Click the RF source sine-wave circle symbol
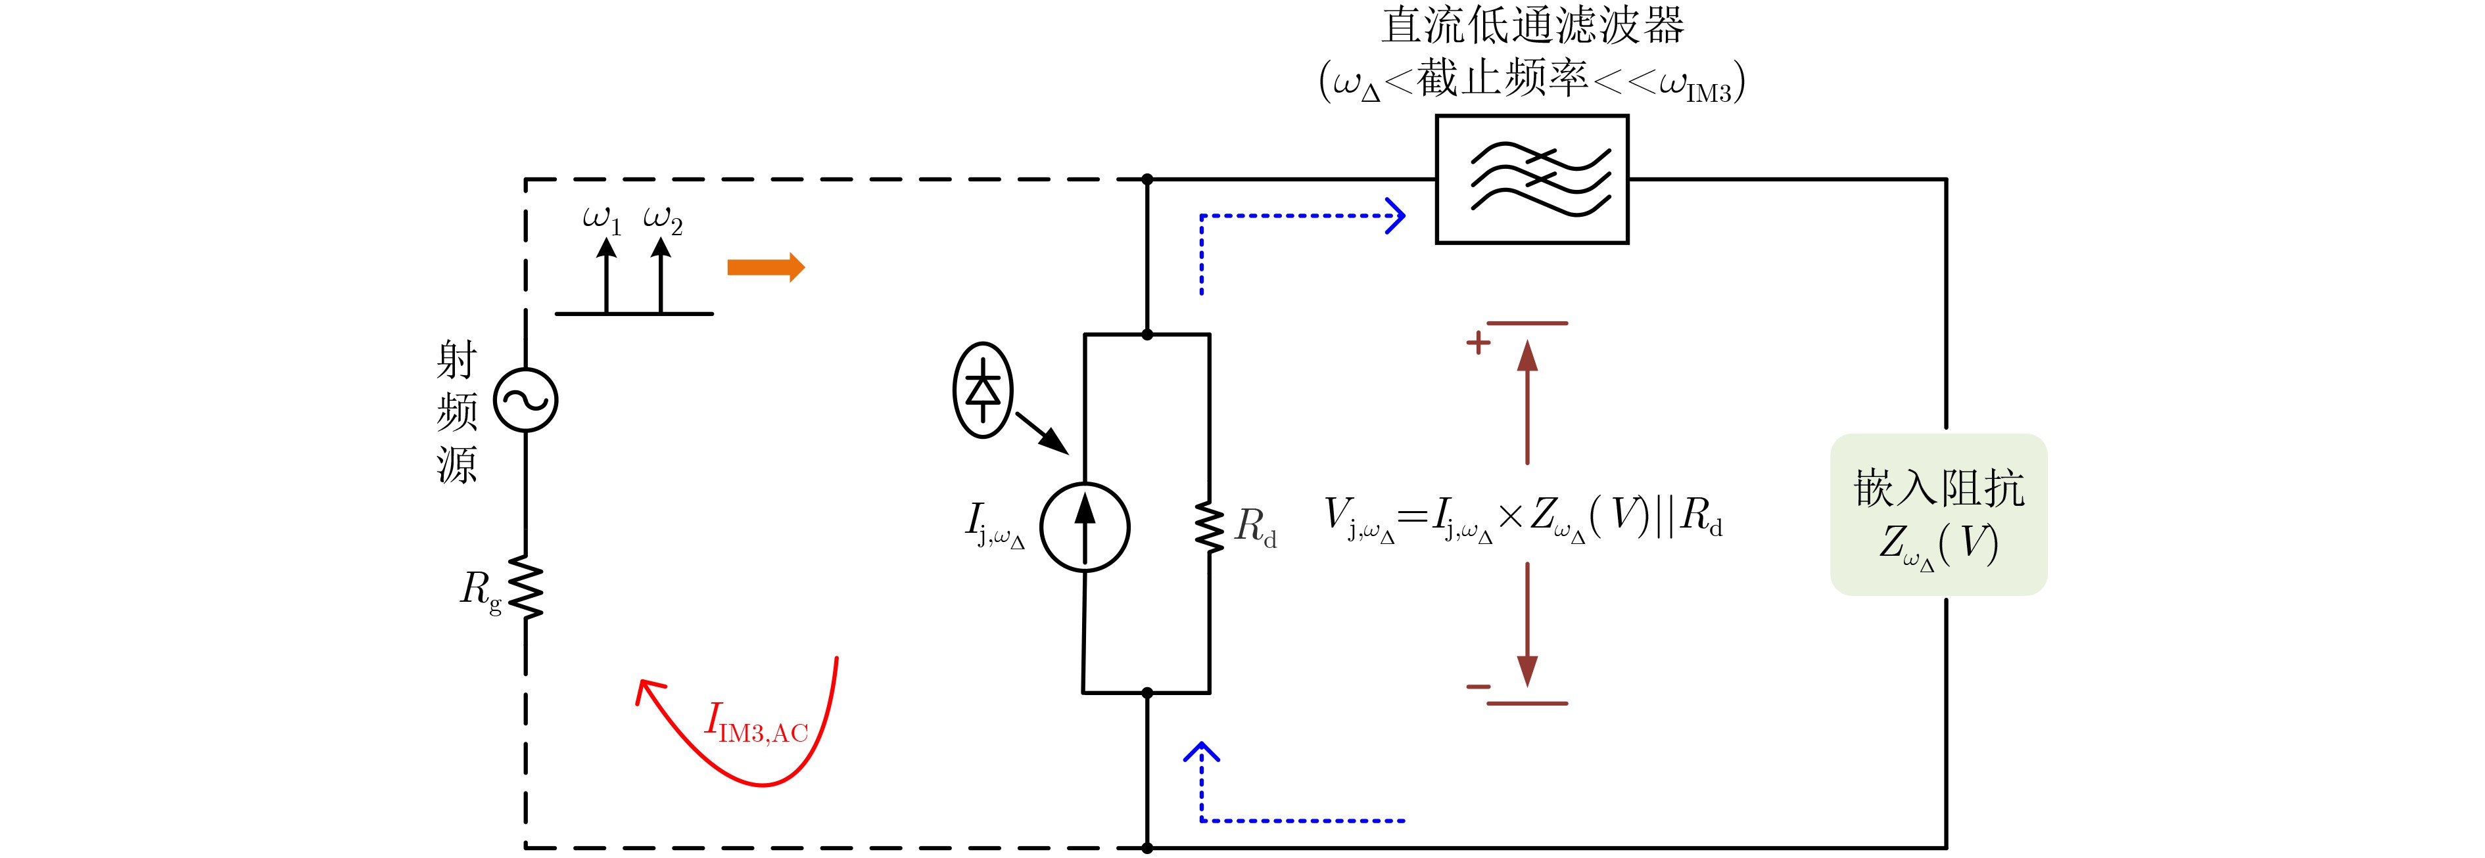tap(526, 400)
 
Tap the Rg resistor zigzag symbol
tap(526, 586)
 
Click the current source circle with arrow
tap(1084, 528)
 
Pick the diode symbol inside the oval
tap(983, 390)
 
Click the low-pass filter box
tap(1532, 179)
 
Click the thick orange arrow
tap(766, 267)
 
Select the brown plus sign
tap(1478, 342)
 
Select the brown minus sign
tap(1478, 687)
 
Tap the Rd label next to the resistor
tap(1255, 528)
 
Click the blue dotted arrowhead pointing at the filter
tap(1396, 216)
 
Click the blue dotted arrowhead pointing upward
tap(1202, 752)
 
